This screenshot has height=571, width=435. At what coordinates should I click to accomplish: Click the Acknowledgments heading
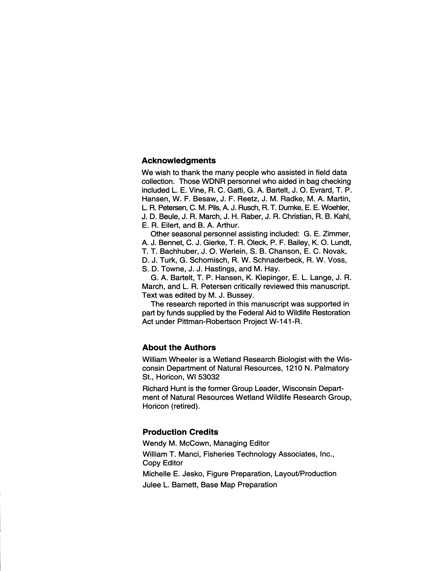point(179,161)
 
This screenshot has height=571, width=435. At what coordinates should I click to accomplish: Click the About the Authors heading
point(179,347)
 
